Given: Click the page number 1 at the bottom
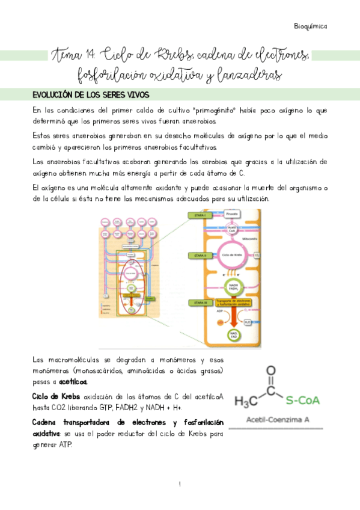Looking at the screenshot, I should pyautogui.click(x=180, y=484).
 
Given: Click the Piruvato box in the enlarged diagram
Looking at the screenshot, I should pyautogui.click(x=231, y=214).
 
